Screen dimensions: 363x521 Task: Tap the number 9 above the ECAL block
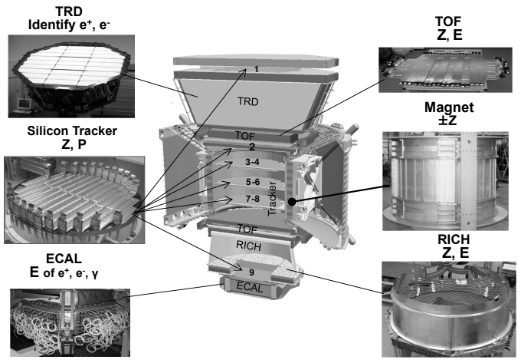[250, 270]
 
